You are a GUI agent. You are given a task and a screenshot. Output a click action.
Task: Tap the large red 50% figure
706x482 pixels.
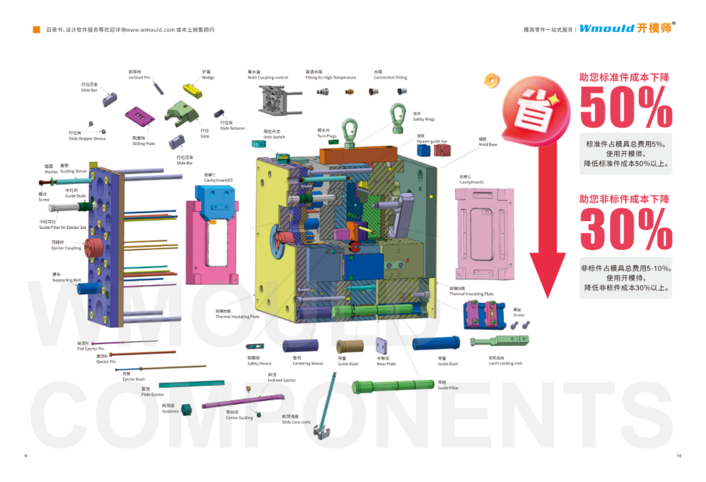[x=626, y=108]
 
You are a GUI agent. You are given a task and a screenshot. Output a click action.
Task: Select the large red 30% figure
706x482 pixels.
[x=626, y=230]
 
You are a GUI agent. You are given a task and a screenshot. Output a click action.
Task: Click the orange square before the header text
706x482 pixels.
[x=37, y=29]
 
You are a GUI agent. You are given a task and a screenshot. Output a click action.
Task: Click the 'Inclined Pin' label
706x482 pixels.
[x=139, y=77]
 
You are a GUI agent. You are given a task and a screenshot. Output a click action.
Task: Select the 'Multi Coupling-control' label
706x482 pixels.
[x=267, y=77]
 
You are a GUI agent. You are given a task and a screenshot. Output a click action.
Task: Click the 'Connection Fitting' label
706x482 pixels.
[x=390, y=77]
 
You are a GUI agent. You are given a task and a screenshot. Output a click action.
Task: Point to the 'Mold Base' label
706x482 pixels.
[x=488, y=144]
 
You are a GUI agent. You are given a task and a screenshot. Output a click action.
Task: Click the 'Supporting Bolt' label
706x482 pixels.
[x=67, y=280]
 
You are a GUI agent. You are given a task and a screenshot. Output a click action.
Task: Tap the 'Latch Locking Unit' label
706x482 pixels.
[x=505, y=364]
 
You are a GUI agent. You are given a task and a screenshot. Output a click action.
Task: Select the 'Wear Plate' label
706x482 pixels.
[x=386, y=364]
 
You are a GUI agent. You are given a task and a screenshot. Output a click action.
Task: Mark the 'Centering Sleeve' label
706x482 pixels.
[x=307, y=364]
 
